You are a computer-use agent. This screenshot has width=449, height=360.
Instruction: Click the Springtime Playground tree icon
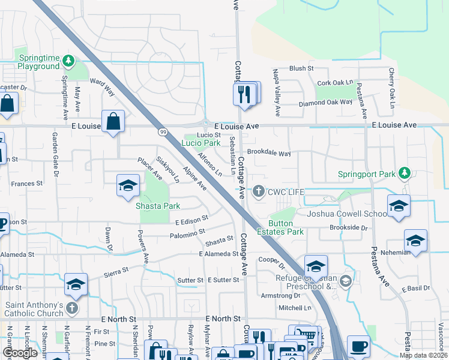[69, 60]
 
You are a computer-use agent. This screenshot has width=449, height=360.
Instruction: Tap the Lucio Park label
[200, 143]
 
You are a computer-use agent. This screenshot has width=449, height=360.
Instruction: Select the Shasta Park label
[158, 206]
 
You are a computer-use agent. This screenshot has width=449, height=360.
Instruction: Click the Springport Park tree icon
[405, 174]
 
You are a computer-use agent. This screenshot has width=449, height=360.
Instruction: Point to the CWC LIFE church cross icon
[259, 191]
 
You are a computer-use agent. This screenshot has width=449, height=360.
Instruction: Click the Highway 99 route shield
[163, 132]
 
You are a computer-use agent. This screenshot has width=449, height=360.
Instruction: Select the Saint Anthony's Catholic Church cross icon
[72, 308]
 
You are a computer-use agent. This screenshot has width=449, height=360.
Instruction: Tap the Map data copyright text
[423, 355]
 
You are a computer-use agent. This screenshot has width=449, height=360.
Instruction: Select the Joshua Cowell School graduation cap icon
[399, 206]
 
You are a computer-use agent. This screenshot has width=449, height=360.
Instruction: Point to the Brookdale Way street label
[269, 153]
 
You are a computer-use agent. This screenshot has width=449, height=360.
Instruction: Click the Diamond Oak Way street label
[326, 102]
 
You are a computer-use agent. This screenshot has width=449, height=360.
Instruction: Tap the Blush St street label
[301, 68]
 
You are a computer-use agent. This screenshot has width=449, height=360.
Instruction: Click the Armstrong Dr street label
[280, 295]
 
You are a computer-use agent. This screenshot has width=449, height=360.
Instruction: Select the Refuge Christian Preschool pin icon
[345, 281]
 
